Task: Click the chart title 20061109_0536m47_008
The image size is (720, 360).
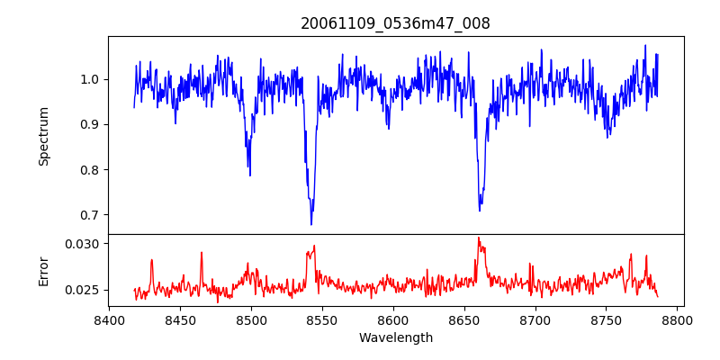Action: pyautogui.click(x=395, y=23)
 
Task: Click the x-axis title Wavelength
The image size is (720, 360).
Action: pyautogui.click(x=395, y=337)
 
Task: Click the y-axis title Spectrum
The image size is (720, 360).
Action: pyautogui.click(x=43, y=136)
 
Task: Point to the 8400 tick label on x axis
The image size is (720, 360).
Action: pyautogui.click(x=109, y=319)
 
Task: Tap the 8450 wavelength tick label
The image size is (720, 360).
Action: pyautogui.click(x=180, y=319)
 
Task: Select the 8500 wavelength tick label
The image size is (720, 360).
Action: pyautogui.click(x=251, y=319)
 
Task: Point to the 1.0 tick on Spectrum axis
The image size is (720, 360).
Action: pyautogui.click(x=91, y=79)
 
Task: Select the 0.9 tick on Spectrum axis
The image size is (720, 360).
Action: pyautogui.click(x=91, y=124)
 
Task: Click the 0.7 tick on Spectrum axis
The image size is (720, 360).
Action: pyautogui.click(x=91, y=215)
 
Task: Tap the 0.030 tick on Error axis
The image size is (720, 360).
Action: pyautogui.click(x=84, y=244)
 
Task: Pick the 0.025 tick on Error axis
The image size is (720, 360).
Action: pyautogui.click(x=84, y=290)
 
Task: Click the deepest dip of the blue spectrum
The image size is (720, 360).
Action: pyautogui.click(x=311, y=224)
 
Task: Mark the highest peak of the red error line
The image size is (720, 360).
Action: pyautogui.click(x=478, y=238)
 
